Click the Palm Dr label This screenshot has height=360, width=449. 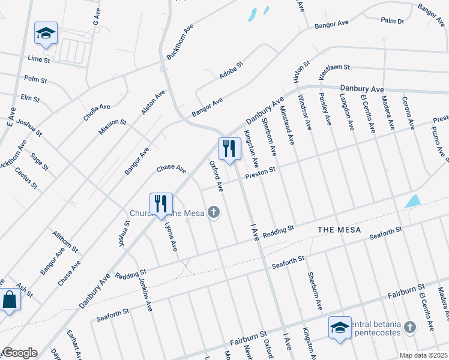[392, 21]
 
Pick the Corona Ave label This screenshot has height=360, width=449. [408, 113]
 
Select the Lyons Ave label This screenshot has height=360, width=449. [171, 235]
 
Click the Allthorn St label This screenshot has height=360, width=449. [64, 240]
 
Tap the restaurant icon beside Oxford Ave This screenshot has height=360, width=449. [228, 149]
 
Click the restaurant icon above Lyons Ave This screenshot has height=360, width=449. [160, 203]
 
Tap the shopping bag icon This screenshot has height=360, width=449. [10, 299]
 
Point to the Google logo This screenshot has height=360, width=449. [19, 352]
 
